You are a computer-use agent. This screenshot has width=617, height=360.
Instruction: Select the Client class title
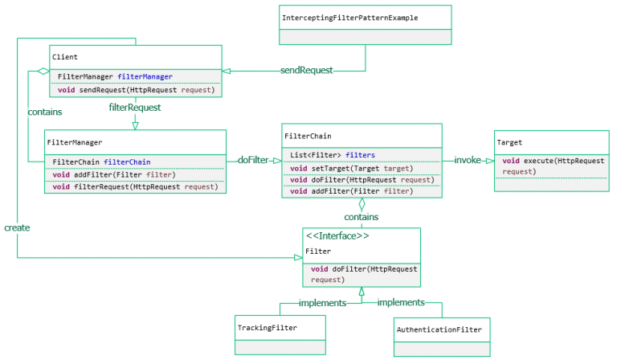(x=64, y=57)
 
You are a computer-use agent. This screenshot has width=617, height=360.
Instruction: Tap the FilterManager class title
(x=75, y=142)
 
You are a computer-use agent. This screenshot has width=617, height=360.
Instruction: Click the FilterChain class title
(x=308, y=136)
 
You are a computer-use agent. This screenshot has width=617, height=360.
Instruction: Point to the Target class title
(x=509, y=142)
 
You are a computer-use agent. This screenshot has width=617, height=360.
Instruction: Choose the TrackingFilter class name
(x=267, y=328)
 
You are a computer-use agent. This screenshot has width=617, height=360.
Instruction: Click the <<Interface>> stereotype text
(x=337, y=236)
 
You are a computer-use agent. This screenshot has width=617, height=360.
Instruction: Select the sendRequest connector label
(x=306, y=70)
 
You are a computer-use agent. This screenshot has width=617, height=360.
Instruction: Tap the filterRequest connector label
(x=135, y=107)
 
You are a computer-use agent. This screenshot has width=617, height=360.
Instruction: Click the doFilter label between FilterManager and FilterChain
(x=253, y=160)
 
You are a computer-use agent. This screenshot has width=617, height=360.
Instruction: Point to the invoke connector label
(x=468, y=160)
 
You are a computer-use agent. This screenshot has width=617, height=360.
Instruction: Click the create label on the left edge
(x=16, y=227)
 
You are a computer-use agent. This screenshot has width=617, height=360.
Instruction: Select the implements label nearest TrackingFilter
(x=322, y=303)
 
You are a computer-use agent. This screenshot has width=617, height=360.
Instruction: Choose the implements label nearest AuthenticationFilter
(x=401, y=302)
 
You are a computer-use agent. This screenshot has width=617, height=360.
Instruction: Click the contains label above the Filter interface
(x=362, y=217)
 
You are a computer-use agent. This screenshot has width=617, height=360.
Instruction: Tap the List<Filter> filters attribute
(x=333, y=155)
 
